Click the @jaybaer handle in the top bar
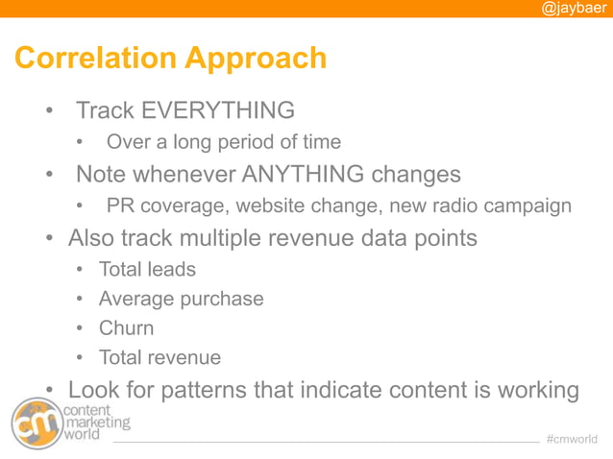[x=574, y=9]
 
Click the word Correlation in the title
[x=94, y=59]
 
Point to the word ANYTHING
[x=303, y=175]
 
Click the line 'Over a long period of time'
[x=223, y=142]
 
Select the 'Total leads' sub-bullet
[x=146, y=270]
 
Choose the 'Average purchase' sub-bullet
[x=181, y=299]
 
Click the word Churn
[x=126, y=328]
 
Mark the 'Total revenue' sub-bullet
[x=159, y=358]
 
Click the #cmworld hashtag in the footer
[x=572, y=440]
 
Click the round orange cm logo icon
[x=35, y=423]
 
